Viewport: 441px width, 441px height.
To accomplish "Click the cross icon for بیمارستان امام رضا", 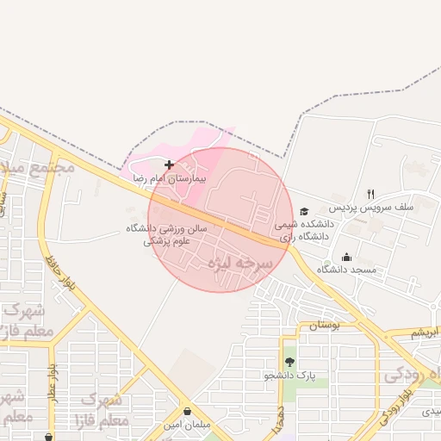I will click(169, 164).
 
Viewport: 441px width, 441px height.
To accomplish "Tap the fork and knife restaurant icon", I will click(370, 194).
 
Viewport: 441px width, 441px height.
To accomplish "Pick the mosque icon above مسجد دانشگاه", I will click(347, 257).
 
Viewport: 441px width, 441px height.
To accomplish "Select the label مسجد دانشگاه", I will click(347, 270).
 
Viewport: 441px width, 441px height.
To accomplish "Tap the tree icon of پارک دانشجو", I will click(289, 363).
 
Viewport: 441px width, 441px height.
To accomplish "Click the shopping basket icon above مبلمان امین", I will click(187, 412).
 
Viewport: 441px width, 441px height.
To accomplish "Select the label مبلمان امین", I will click(187, 425).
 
